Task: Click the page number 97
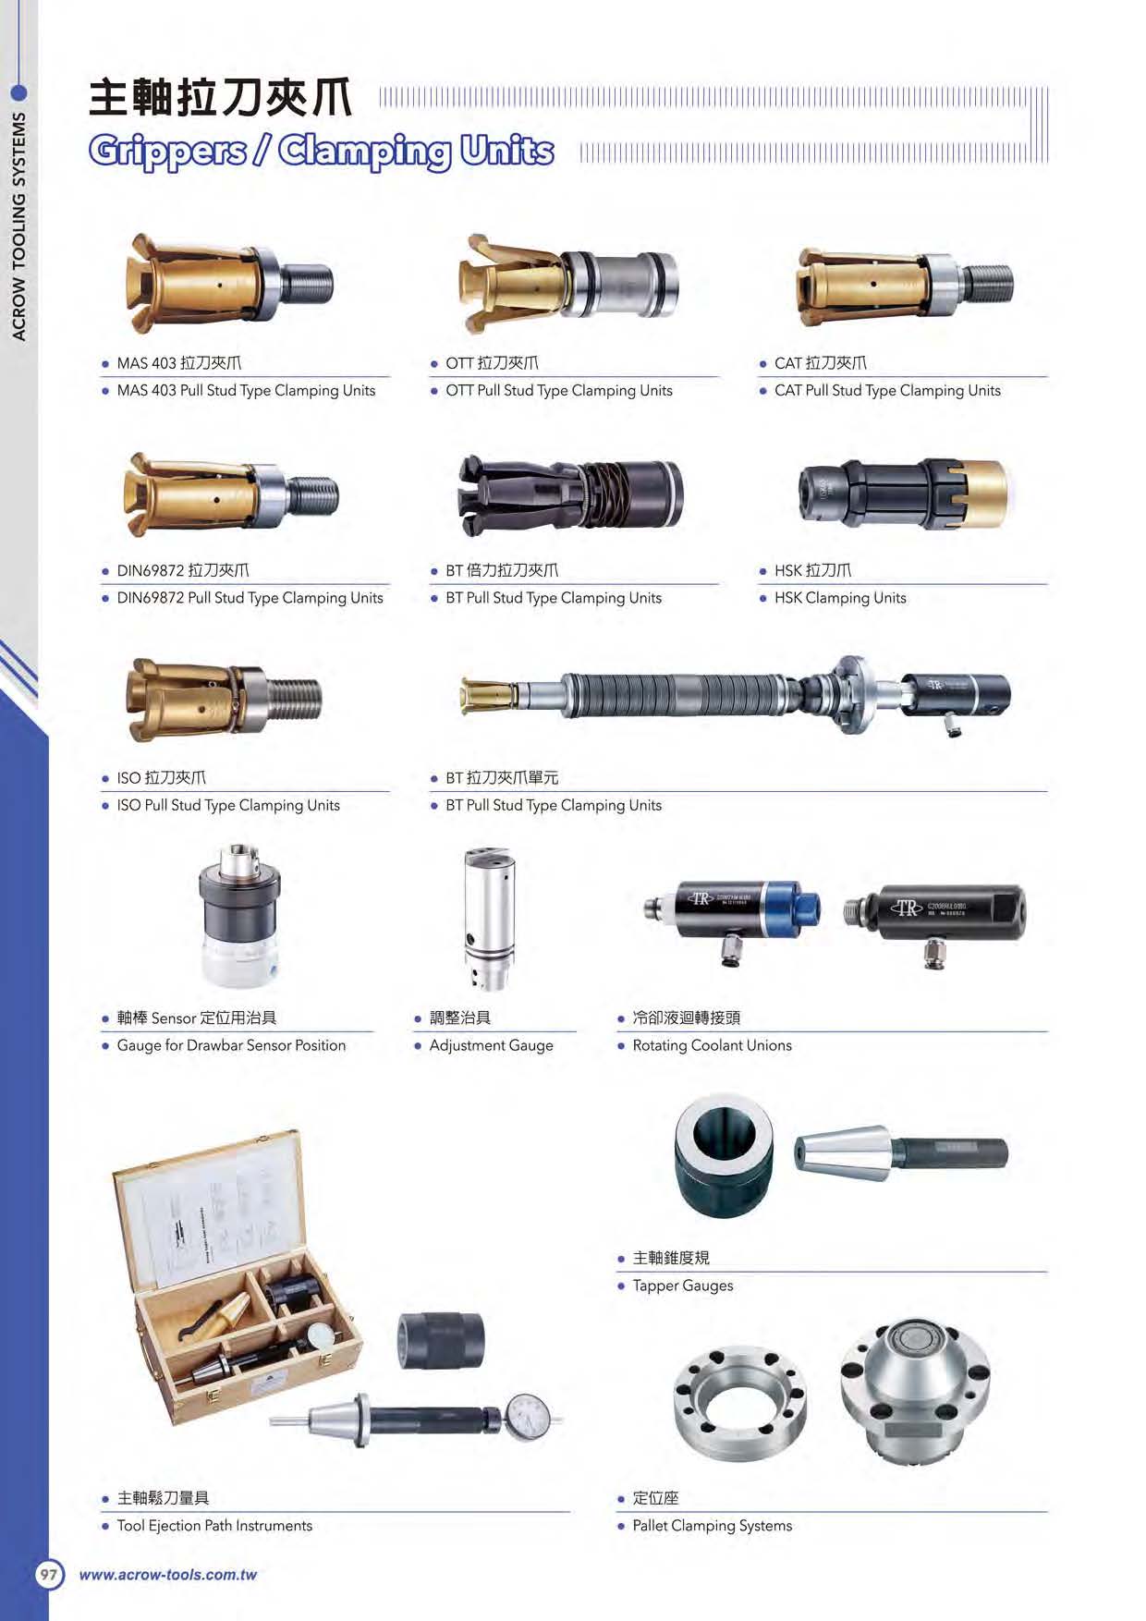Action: pyautogui.click(x=48, y=1574)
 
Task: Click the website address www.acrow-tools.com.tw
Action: pyautogui.click(x=168, y=1575)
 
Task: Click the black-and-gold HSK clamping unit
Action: pyautogui.click(x=903, y=494)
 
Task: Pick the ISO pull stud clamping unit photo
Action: pyautogui.click(x=224, y=699)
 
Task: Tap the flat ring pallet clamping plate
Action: pyautogui.click(x=740, y=1399)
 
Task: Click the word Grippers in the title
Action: pyautogui.click(x=168, y=151)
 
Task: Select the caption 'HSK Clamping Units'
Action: pyautogui.click(x=840, y=598)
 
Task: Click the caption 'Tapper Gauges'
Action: pyautogui.click(x=683, y=1286)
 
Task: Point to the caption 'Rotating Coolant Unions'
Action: pyautogui.click(x=712, y=1045)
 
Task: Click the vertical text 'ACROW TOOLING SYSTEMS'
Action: pyautogui.click(x=18, y=226)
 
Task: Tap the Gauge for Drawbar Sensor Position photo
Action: pyautogui.click(x=238, y=915)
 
